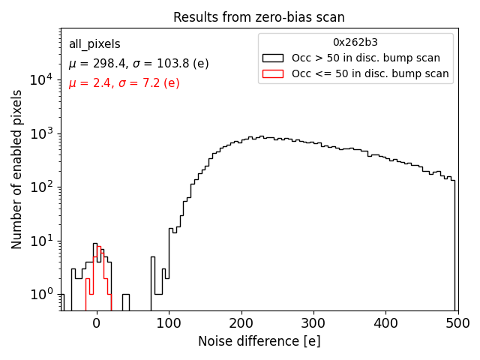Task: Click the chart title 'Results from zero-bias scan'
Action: point(259,17)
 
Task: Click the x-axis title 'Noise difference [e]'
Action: point(259,341)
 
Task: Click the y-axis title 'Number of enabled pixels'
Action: point(17,170)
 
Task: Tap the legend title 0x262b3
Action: point(355,43)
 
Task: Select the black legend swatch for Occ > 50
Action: point(274,58)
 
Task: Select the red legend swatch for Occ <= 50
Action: point(274,73)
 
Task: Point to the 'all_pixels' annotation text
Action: point(94,44)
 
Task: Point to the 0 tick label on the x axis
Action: point(97,323)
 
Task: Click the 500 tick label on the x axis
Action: point(457,323)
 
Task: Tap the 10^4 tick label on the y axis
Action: point(44,79)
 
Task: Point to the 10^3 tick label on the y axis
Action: point(44,133)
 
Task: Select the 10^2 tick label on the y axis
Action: point(44,187)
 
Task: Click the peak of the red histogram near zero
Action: point(98,247)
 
